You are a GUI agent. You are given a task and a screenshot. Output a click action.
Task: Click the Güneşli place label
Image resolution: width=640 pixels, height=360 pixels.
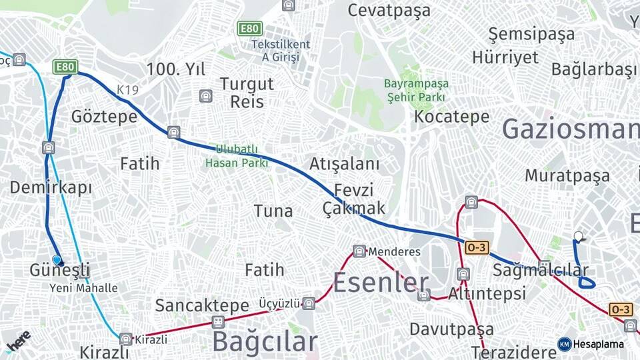[60, 271]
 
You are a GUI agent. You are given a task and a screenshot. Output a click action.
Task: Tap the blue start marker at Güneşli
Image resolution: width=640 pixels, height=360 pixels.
[57, 260]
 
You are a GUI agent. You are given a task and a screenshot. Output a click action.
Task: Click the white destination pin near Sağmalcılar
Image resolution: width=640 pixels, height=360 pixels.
[578, 236]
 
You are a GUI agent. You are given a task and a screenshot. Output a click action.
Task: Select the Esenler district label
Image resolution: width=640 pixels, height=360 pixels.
[380, 283]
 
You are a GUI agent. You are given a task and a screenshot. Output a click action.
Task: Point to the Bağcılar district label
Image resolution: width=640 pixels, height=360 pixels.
[265, 341]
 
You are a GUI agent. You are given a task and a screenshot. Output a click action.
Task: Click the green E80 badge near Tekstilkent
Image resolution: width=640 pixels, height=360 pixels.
[250, 29]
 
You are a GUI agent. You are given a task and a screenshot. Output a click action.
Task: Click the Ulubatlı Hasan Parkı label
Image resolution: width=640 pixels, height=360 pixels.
[237, 156]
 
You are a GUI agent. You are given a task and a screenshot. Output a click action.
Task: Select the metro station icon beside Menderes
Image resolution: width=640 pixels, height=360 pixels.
[359, 251]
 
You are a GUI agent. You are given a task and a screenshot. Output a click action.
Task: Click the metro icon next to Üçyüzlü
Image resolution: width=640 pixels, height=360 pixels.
[308, 303]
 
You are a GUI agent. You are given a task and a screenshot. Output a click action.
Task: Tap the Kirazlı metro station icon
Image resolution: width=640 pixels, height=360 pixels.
[126, 339]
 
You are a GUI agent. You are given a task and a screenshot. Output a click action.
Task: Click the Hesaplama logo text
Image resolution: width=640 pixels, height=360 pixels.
[599, 344]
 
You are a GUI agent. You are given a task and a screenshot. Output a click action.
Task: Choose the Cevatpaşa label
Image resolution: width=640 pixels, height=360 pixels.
[389, 11]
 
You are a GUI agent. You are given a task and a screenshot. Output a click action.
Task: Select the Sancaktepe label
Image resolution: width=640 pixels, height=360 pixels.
[202, 305]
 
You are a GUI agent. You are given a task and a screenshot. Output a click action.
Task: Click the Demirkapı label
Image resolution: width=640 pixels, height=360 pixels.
[51, 187]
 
